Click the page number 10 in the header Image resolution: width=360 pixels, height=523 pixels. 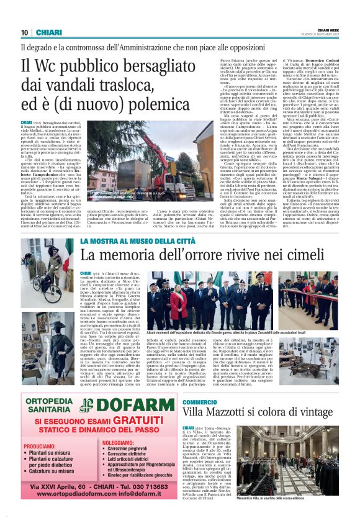[x=25, y=33]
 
